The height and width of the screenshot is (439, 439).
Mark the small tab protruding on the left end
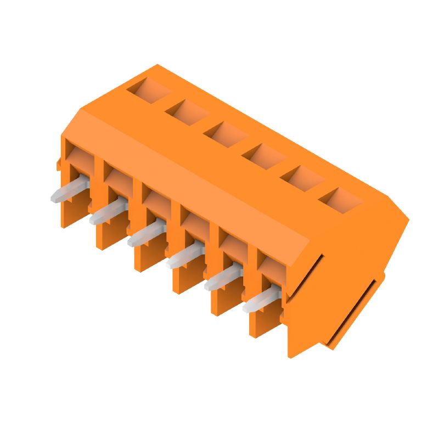pos(58,163)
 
